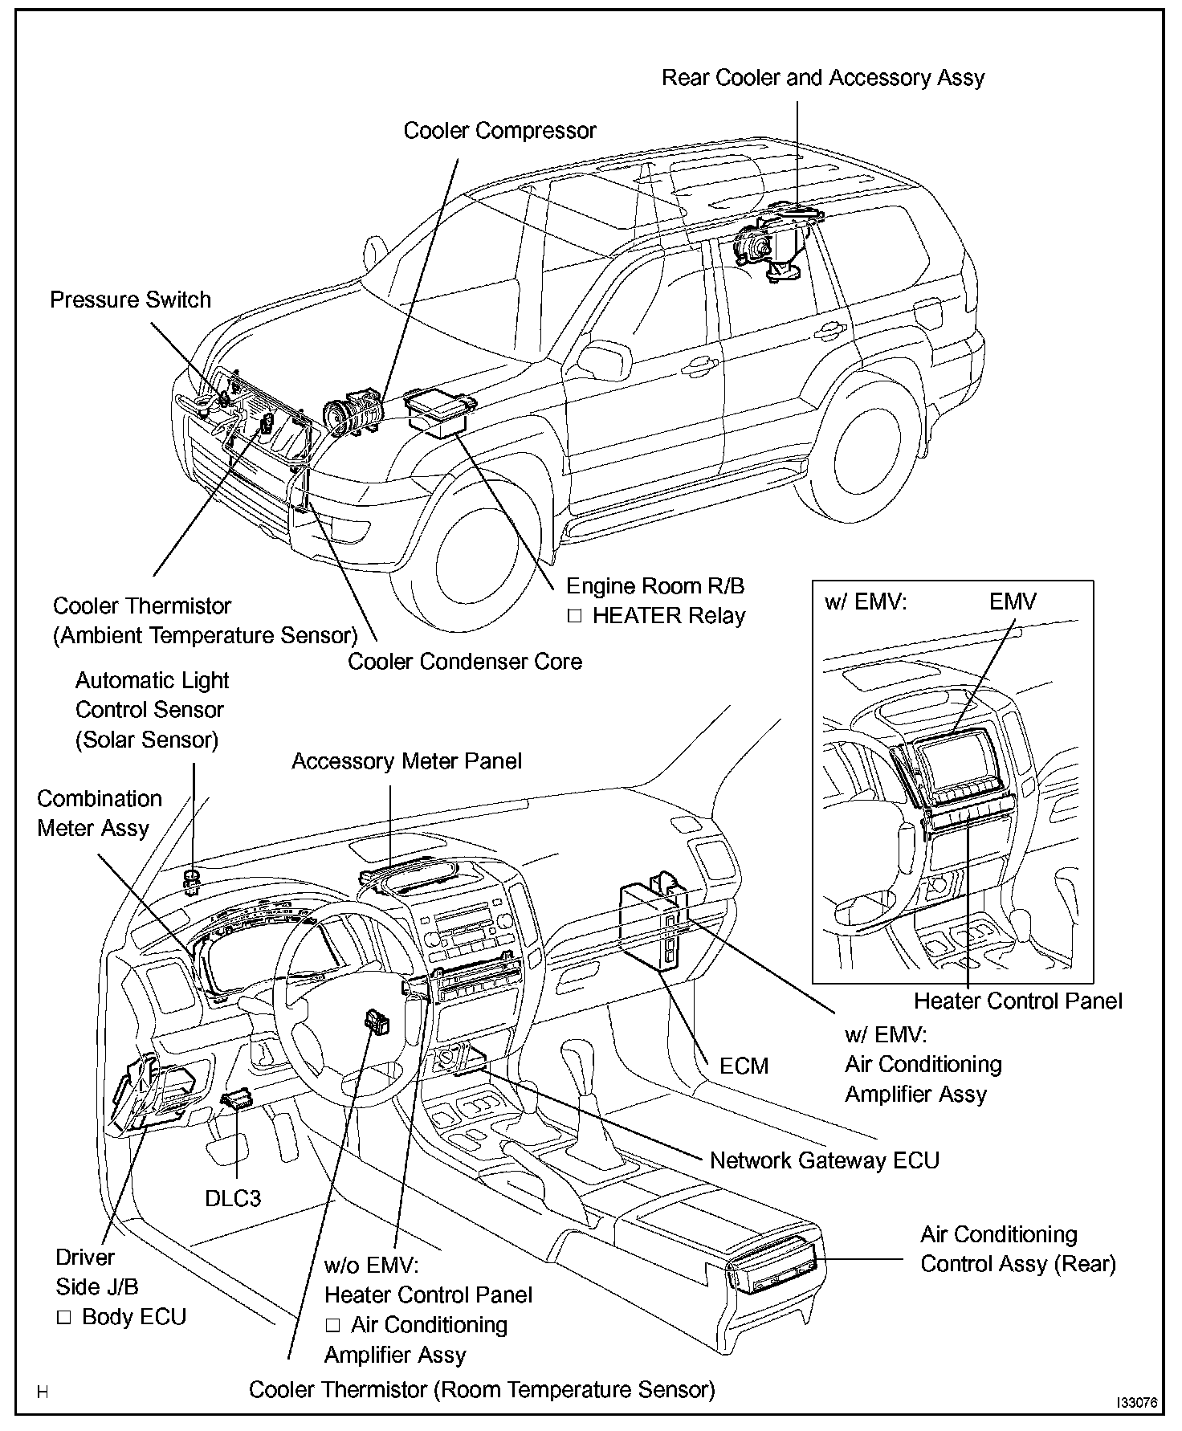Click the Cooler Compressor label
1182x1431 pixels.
[499, 131]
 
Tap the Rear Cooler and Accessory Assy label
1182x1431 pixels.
[822, 78]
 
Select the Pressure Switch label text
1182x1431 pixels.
[130, 300]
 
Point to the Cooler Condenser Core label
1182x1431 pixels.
[464, 662]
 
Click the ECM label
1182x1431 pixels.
[744, 1066]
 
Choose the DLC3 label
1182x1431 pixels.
[233, 1198]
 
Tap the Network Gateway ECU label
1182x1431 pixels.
[824, 1160]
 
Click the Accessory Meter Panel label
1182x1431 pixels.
[406, 761]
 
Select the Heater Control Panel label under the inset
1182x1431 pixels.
[1017, 1001]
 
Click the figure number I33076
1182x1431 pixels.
[1135, 1402]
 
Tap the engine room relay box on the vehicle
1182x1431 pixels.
[438, 412]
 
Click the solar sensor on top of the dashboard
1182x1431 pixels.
[191, 881]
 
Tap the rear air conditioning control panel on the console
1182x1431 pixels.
[776, 1270]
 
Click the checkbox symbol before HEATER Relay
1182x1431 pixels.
[574, 617]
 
